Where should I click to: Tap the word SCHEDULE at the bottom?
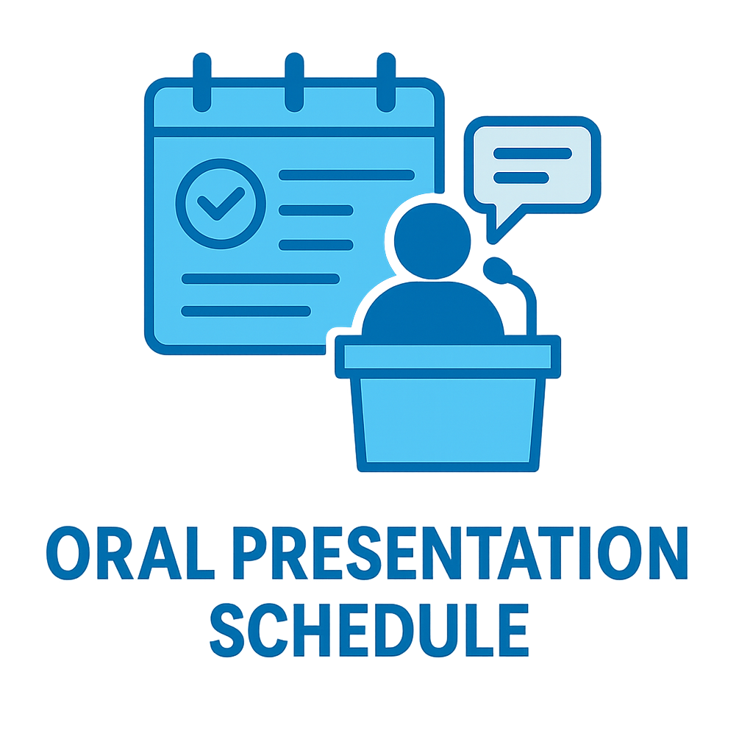click(369, 629)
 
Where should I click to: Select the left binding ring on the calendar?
click(201, 81)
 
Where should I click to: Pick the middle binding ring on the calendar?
click(294, 81)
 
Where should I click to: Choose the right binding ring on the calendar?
click(387, 81)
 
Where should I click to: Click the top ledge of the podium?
click(448, 357)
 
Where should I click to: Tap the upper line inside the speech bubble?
click(532, 153)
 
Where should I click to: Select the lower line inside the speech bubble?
click(521, 177)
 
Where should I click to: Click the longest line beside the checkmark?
click(346, 175)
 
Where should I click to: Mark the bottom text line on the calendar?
click(246, 311)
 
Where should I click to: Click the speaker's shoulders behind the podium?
click(432, 309)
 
